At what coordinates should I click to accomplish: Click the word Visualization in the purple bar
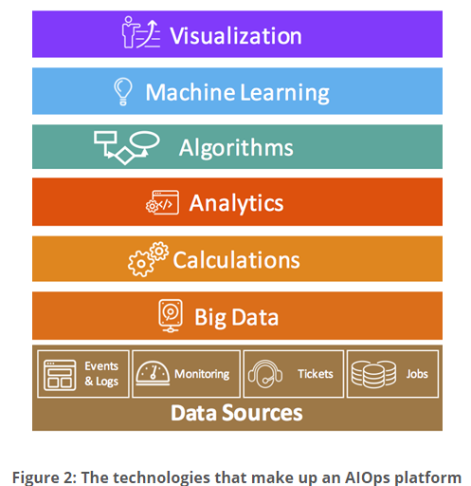tap(236, 35)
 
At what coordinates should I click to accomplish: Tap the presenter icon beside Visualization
tap(141, 32)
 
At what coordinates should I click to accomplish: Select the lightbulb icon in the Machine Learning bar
tap(123, 92)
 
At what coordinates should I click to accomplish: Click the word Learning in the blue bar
tap(284, 93)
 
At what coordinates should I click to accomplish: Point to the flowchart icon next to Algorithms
tap(126, 147)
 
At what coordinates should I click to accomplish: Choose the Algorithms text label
tap(236, 148)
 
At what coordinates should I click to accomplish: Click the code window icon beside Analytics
tap(162, 203)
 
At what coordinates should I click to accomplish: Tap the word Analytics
tap(236, 203)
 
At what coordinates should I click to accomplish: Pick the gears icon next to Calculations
tap(148, 259)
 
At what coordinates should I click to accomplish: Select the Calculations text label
tap(236, 260)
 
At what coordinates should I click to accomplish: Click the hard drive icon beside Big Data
tap(171, 316)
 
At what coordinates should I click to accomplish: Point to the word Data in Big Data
tap(255, 317)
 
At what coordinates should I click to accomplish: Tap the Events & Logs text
tap(101, 374)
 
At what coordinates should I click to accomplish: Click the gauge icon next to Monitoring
tap(153, 373)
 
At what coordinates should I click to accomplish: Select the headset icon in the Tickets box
tap(265, 374)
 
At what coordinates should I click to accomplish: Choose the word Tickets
tap(316, 374)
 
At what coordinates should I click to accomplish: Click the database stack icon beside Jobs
tap(373, 374)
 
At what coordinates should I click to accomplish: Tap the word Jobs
tap(417, 374)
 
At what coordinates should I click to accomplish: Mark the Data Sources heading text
tap(237, 413)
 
